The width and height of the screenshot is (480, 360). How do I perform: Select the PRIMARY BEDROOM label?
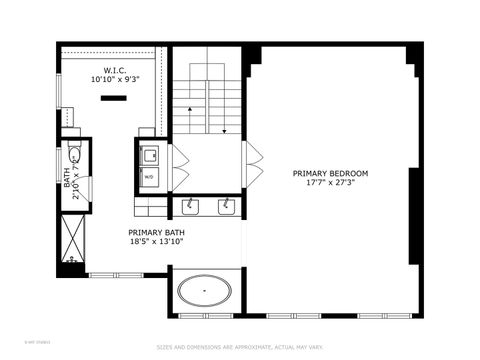[330, 173]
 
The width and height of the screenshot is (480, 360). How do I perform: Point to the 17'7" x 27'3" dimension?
[330, 182]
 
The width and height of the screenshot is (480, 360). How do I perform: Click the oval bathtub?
[205, 293]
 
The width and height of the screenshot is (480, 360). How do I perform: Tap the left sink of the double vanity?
[190, 206]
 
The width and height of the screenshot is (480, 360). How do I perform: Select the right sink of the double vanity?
[227, 206]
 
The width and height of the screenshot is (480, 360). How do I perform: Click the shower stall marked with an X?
[73, 241]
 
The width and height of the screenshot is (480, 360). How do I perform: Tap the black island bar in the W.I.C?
[113, 97]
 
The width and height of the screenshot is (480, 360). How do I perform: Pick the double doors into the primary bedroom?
[253, 165]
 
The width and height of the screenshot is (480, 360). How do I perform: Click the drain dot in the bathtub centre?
[205, 293]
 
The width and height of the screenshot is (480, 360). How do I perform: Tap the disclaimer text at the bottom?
[240, 347]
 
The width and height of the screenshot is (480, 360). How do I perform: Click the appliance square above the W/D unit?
[149, 155]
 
